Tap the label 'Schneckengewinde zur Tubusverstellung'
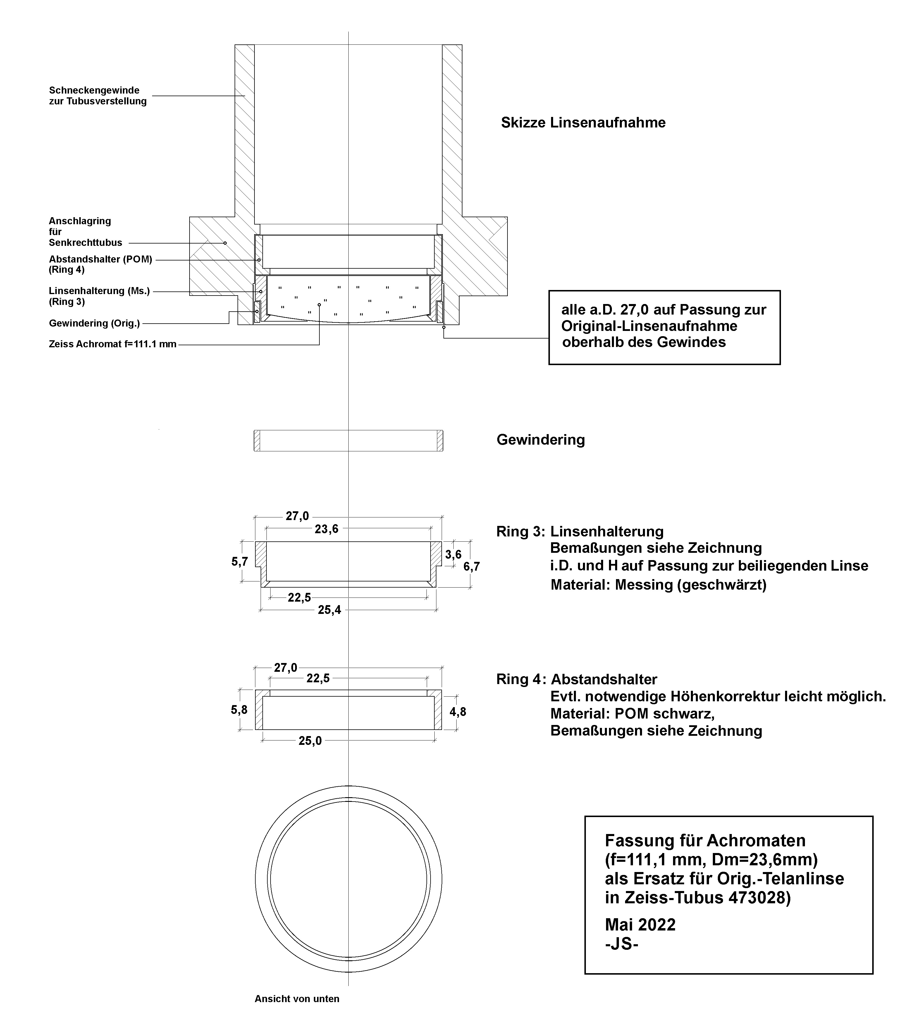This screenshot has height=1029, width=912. coord(98,96)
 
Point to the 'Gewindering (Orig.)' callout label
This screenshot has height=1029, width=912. coord(95,323)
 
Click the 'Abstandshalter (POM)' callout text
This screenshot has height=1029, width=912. coord(100,259)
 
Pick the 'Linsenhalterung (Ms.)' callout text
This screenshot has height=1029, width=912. coord(99,291)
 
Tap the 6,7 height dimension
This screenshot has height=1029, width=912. coord(472,566)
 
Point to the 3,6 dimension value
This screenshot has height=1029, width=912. coord(453,555)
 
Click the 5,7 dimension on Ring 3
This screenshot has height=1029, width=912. coord(240,561)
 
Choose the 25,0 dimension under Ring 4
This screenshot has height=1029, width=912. coord(310,741)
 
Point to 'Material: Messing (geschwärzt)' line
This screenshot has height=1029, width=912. coord(658,585)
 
